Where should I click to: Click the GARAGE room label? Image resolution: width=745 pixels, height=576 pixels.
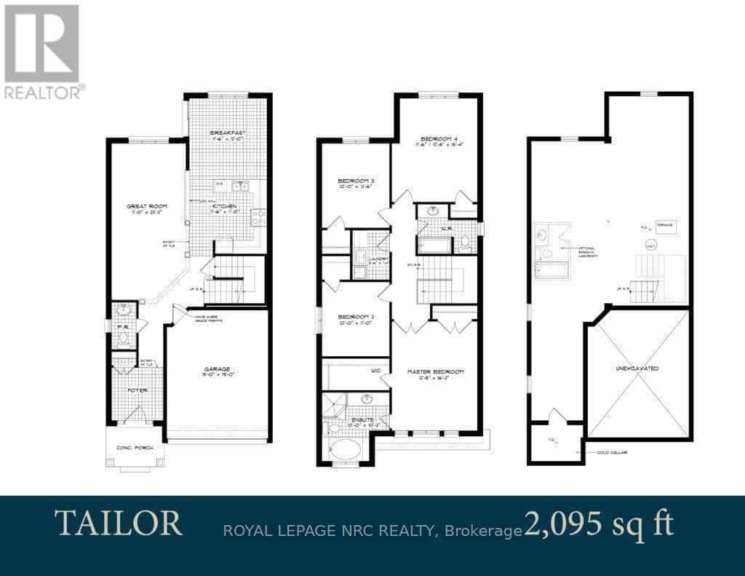coord(217,369)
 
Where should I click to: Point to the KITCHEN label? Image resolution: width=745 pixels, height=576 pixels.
coord(225,207)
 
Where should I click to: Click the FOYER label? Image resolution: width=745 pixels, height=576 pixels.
coord(138,390)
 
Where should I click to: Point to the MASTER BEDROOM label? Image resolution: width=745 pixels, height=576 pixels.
coord(436,371)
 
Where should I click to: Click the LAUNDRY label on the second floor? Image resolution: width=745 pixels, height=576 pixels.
coord(378,259)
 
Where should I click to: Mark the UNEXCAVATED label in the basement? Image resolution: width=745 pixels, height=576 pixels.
coord(636,368)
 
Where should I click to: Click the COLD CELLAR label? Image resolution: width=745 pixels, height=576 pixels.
coord(612,453)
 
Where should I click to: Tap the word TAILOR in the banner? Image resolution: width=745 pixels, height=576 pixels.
coord(118,523)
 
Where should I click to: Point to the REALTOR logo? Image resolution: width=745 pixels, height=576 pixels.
coord(41,52)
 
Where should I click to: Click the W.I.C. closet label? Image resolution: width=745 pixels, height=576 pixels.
coord(376,371)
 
